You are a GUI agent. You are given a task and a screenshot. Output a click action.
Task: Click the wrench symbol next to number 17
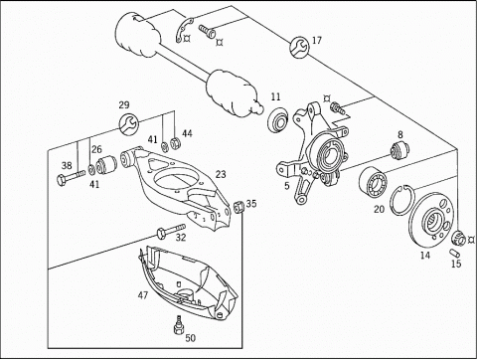(300, 47)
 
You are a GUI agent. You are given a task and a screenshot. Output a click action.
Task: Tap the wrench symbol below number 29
(128, 124)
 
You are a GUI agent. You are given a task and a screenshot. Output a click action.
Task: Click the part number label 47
(143, 294)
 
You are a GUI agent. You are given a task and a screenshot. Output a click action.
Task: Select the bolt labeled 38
(72, 177)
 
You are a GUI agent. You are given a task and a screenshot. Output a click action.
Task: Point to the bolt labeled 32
(171, 230)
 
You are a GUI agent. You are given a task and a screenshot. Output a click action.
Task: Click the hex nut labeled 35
(239, 207)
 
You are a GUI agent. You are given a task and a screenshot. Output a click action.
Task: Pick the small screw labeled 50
(179, 325)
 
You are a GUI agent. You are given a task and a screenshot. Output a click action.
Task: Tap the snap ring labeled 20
(400, 201)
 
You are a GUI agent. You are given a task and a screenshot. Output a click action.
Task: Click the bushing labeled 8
(399, 150)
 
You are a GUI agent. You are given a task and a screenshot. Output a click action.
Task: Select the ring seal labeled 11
(277, 119)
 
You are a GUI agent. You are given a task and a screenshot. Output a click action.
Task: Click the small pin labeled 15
(454, 253)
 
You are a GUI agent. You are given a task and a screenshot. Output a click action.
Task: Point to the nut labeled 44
(175, 143)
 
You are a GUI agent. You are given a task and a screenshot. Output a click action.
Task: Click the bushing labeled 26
(106, 164)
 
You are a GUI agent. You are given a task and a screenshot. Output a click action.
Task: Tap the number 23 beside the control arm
(221, 174)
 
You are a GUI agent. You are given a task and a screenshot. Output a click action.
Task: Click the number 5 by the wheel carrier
(287, 186)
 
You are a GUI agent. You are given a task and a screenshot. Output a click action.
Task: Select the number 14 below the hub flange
(425, 256)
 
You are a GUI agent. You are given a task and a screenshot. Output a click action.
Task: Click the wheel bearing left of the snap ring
(373, 181)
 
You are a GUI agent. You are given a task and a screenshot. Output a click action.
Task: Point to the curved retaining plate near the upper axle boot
(184, 31)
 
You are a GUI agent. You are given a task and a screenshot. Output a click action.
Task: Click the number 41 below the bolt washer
(94, 184)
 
